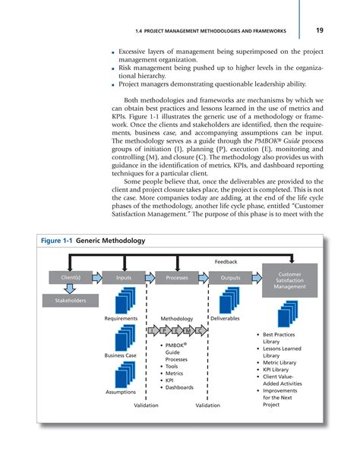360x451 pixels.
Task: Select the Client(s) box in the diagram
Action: click(71, 278)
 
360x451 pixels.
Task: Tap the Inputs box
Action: click(124, 278)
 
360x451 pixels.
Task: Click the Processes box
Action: click(176, 278)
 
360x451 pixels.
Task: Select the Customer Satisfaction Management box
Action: click(290, 279)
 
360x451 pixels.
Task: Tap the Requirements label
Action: click(121, 319)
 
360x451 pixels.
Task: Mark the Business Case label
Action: click(120, 356)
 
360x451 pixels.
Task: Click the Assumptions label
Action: click(121, 393)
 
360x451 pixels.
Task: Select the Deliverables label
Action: click(225, 319)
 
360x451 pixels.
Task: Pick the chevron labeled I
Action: click(153, 332)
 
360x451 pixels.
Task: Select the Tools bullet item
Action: click(173, 366)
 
